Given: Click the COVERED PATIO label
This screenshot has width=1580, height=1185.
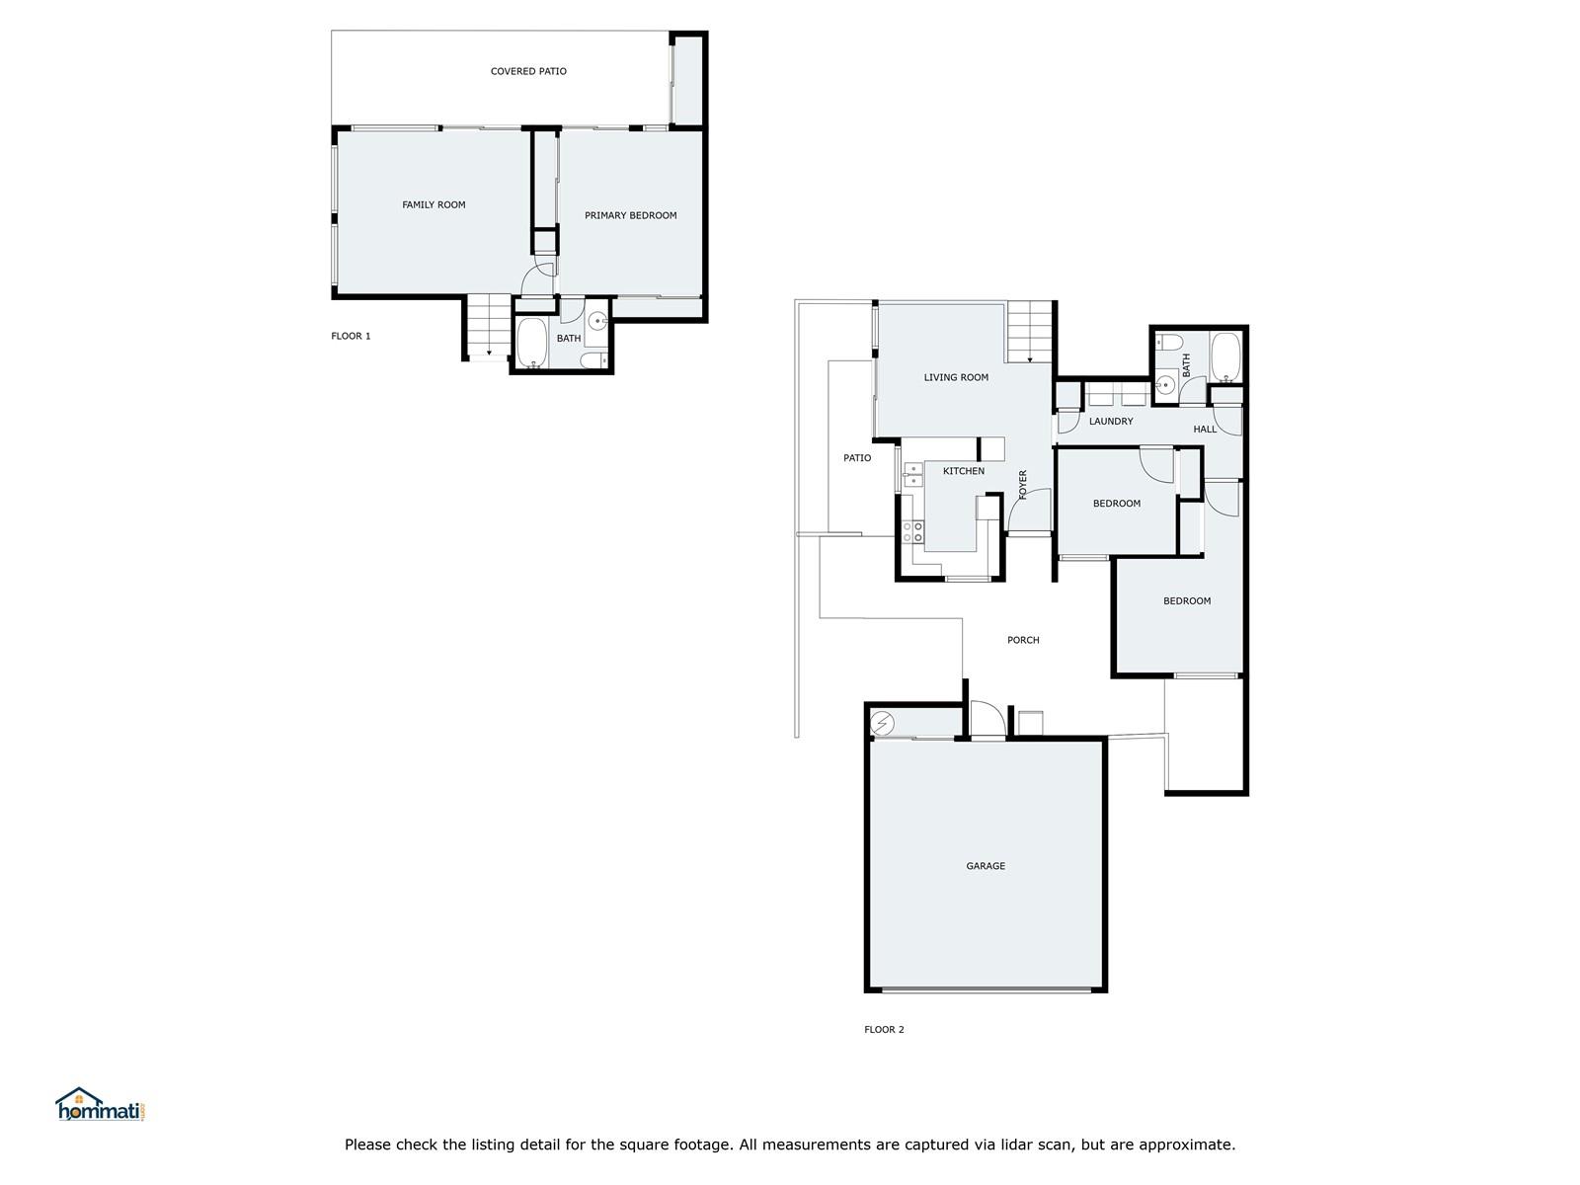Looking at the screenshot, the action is [x=527, y=71].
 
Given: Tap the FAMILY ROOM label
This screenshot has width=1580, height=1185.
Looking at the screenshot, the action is [x=434, y=205].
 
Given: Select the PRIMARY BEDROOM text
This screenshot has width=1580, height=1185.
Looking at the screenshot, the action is [x=630, y=215].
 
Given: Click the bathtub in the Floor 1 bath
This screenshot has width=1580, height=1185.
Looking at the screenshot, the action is [x=532, y=343].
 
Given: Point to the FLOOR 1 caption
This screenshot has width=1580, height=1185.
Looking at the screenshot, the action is [x=351, y=336].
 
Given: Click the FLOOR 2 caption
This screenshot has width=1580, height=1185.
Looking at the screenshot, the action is [x=884, y=1030].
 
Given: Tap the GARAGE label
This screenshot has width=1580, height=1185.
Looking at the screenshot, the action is [x=986, y=866].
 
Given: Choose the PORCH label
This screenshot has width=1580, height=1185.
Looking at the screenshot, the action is [x=1023, y=640].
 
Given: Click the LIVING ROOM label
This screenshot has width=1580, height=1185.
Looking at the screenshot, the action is [x=956, y=378].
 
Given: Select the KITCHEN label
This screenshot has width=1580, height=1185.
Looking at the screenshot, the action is [x=963, y=471].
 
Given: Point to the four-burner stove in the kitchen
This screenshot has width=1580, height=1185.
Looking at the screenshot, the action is [x=912, y=532].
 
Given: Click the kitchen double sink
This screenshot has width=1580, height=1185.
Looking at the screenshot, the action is [x=912, y=475].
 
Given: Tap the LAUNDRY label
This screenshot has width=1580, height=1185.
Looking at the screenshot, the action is [x=1111, y=422].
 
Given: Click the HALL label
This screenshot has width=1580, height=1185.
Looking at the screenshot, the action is [x=1204, y=430].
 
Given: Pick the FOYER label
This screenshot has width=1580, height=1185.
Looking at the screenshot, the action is [x=1023, y=484].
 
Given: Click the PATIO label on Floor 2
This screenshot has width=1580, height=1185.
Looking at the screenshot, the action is [x=856, y=458].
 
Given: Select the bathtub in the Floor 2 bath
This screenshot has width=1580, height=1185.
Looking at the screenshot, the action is [x=1225, y=356].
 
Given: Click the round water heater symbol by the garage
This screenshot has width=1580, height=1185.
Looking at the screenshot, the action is [x=882, y=722].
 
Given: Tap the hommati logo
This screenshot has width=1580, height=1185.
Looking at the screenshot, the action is [x=101, y=1104].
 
